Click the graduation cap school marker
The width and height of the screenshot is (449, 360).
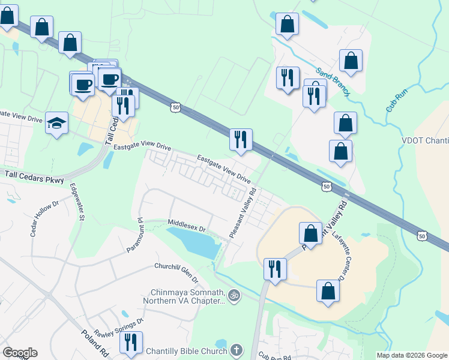tap(57, 124)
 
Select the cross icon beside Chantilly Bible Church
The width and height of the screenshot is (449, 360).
tap(237, 349)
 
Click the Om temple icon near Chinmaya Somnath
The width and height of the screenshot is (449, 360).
tap(234, 295)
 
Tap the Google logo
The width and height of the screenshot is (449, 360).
tap(20, 353)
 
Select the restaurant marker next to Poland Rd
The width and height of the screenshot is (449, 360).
tap(130, 341)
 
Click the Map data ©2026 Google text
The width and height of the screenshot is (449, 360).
tap(411, 355)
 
